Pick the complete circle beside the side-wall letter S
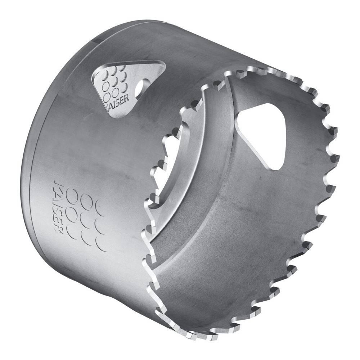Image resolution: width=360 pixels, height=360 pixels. click(x=74, y=213)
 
